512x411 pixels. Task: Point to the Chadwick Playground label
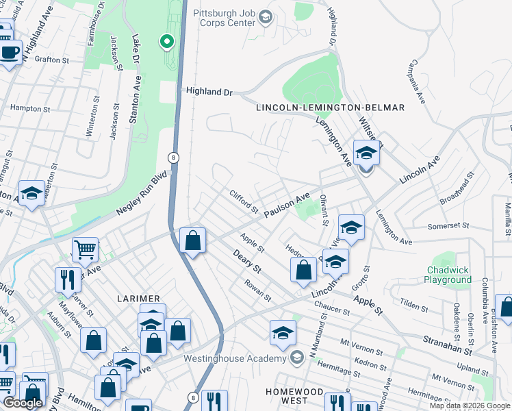pos(448,275)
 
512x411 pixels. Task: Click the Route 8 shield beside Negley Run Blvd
pos(175,157)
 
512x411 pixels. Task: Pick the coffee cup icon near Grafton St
pos(10,53)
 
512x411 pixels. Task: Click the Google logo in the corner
pos(23,403)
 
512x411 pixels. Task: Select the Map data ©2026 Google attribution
pos(470,406)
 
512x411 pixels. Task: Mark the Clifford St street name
pos(243,201)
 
